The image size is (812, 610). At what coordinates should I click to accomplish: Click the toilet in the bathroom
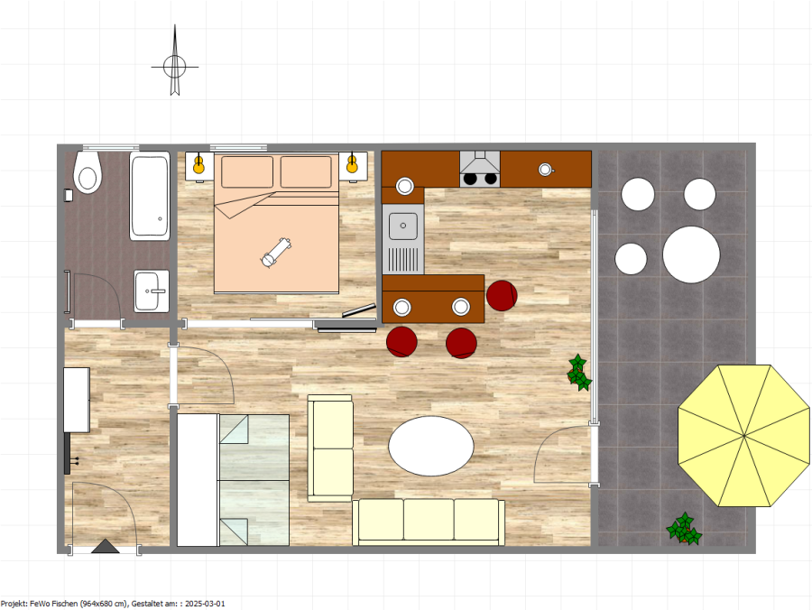tap(88, 172)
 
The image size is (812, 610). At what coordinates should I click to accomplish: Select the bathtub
tap(150, 196)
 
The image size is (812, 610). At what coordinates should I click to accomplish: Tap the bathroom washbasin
tap(152, 291)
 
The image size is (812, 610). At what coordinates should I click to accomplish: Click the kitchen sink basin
tap(403, 226)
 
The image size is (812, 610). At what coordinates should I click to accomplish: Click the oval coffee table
tap(431, 446)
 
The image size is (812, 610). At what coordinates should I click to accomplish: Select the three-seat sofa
tap(429, 522)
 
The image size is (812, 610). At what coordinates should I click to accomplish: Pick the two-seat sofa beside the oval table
tap(330, 448)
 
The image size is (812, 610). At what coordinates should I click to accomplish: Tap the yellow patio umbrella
tap(744, 436)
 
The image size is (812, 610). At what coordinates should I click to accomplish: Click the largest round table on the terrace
tap(691, 254)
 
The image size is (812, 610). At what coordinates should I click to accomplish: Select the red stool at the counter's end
tap(502, 296)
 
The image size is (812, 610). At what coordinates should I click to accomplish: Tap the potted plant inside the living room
tap(579, 373)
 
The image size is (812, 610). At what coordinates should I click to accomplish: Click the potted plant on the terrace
tap(684, 529)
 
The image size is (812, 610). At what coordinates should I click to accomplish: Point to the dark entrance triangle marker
tap(106, 546)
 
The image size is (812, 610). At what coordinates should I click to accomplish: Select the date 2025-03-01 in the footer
tap(205, 604)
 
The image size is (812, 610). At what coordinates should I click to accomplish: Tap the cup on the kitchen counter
tap(545, 170)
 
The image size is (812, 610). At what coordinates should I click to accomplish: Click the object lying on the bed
tap(277, 252)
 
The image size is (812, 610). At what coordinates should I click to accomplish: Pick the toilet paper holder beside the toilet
tap(68, 195)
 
